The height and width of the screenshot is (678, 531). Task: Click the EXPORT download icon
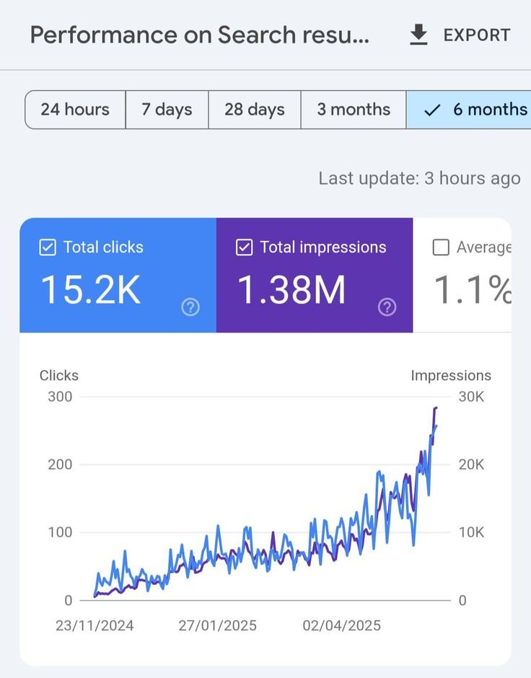pos(418,35)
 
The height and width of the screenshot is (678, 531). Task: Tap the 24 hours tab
pos(75,110)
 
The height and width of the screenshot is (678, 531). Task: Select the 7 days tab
pos(167,110)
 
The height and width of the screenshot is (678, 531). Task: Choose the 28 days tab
pos(254,110)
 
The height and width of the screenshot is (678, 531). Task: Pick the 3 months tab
pos(354,110)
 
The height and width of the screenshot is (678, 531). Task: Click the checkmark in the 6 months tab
pos(432,110)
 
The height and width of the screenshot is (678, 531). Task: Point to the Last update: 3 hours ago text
pos(419,178)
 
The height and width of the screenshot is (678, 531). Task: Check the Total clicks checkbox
pos(48,247)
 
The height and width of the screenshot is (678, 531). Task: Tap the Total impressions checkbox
pos(245,247)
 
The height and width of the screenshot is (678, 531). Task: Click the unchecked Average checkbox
pos(441,247)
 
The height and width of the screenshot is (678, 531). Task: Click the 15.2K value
pos(90,290)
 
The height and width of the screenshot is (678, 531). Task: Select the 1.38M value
pos(291,290)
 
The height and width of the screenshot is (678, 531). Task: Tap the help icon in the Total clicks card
pos(190,308)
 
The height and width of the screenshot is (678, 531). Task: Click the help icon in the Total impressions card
pos(387,308)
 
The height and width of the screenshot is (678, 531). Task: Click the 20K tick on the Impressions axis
pos(471,464)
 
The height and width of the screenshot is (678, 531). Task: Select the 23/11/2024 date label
pos(95,625)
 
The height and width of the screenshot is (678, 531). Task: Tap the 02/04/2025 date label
pos(341,625)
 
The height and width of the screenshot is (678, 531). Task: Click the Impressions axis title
pos(451,375)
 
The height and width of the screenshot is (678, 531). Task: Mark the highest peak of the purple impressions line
pos(435,408)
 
